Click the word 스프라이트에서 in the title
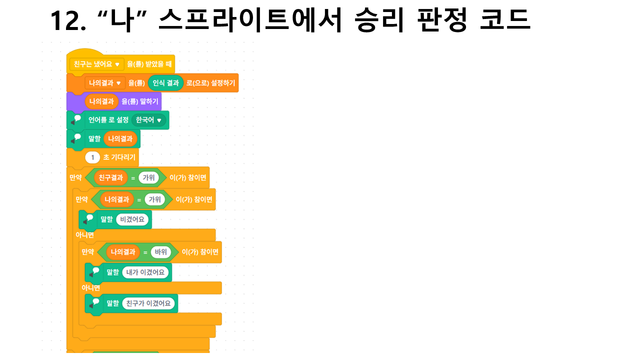point(250,19)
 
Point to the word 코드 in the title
point(505,19)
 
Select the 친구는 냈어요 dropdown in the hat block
point(97,64)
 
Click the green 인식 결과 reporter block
point(165,83)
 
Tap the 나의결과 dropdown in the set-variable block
point(105,83)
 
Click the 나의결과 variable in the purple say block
point(101,101)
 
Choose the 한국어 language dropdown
point(149,120)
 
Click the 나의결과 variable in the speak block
point(120,139)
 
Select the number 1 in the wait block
point(92,157)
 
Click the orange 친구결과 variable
point(111,177)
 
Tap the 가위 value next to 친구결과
point(148,177)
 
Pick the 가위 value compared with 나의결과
point(155,199)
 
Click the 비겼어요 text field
point(132,219)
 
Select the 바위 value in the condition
point(161,252)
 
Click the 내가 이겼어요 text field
point(145,272)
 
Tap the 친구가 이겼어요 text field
point(148,303)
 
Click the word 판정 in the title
point(442,19)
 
